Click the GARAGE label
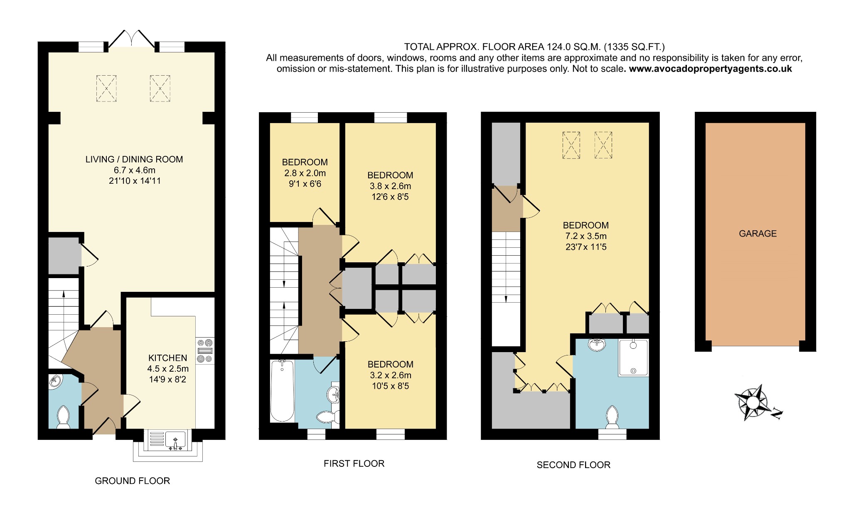[x=758, y=234]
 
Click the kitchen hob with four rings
[x=205, y=351]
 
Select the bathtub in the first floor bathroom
[x=282, y=391]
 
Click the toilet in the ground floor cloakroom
[x=63, y=417]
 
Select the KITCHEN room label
[x=168, y=358]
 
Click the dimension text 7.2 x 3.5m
[x=585, y=236]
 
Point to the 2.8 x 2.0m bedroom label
[x=305, y=173]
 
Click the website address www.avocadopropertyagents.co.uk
[x=710, y=69]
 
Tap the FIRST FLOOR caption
[x=354, y=464]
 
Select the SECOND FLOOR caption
[x=573, y=465]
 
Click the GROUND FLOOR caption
[x=132, y=481]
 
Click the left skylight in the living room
[x=106, y=88]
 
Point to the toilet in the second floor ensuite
[x=612, y=417]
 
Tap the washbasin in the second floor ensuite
[x=597, y=345]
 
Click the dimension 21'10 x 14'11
[x=135, y=181]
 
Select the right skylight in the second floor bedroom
[x=603, y=145]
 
